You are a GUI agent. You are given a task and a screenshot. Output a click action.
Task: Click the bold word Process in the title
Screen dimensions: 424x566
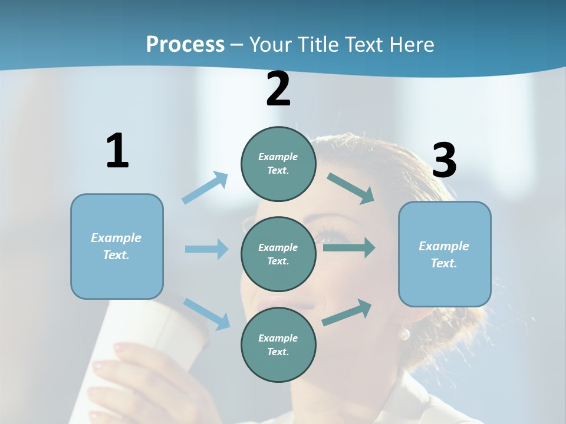pyautogui.click(x=185, y=45)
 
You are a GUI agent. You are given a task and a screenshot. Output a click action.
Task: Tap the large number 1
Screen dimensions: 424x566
pyautogui.click(x=117, y=151)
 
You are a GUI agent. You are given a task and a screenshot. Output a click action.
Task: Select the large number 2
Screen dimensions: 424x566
pyautogui.click(x=278, y=90)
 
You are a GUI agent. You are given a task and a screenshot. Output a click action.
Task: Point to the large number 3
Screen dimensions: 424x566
pyautogui.click(x=444, y=161)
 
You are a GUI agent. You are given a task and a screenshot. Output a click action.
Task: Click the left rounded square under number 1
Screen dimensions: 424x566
pyautogui.click(x=117, y=246)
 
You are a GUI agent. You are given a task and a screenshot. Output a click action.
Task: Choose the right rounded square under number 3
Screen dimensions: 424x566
pyautogui.click(x=445, y=254)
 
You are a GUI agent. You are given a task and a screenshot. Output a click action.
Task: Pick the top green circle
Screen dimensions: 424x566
pyautogui.click(x=278, y=164)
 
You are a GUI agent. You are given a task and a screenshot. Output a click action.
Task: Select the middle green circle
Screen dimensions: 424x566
pyautogui.click(x=278, y=254)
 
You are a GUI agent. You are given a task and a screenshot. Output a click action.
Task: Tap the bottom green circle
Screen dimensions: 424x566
pyautogui.click(x=278, y=344)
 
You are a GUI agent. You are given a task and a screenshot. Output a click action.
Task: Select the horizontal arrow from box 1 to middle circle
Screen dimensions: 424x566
pyautogui.click(x=206, y=249)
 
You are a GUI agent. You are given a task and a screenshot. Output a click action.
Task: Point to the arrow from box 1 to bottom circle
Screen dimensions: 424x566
pyautogui.click(x=206, y=314)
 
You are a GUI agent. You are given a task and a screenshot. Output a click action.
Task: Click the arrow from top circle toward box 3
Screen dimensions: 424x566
pyautogui.click(x=351, y=188)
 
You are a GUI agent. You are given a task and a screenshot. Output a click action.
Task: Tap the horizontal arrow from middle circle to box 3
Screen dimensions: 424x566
pyautogui.click(x=348, y=248)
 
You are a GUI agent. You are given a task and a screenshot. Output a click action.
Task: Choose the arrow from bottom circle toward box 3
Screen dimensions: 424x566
pyautogui.click(x=347, y=312)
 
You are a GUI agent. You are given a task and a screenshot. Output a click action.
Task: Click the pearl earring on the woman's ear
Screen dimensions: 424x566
pyautogui.click(x=404, y=334)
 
